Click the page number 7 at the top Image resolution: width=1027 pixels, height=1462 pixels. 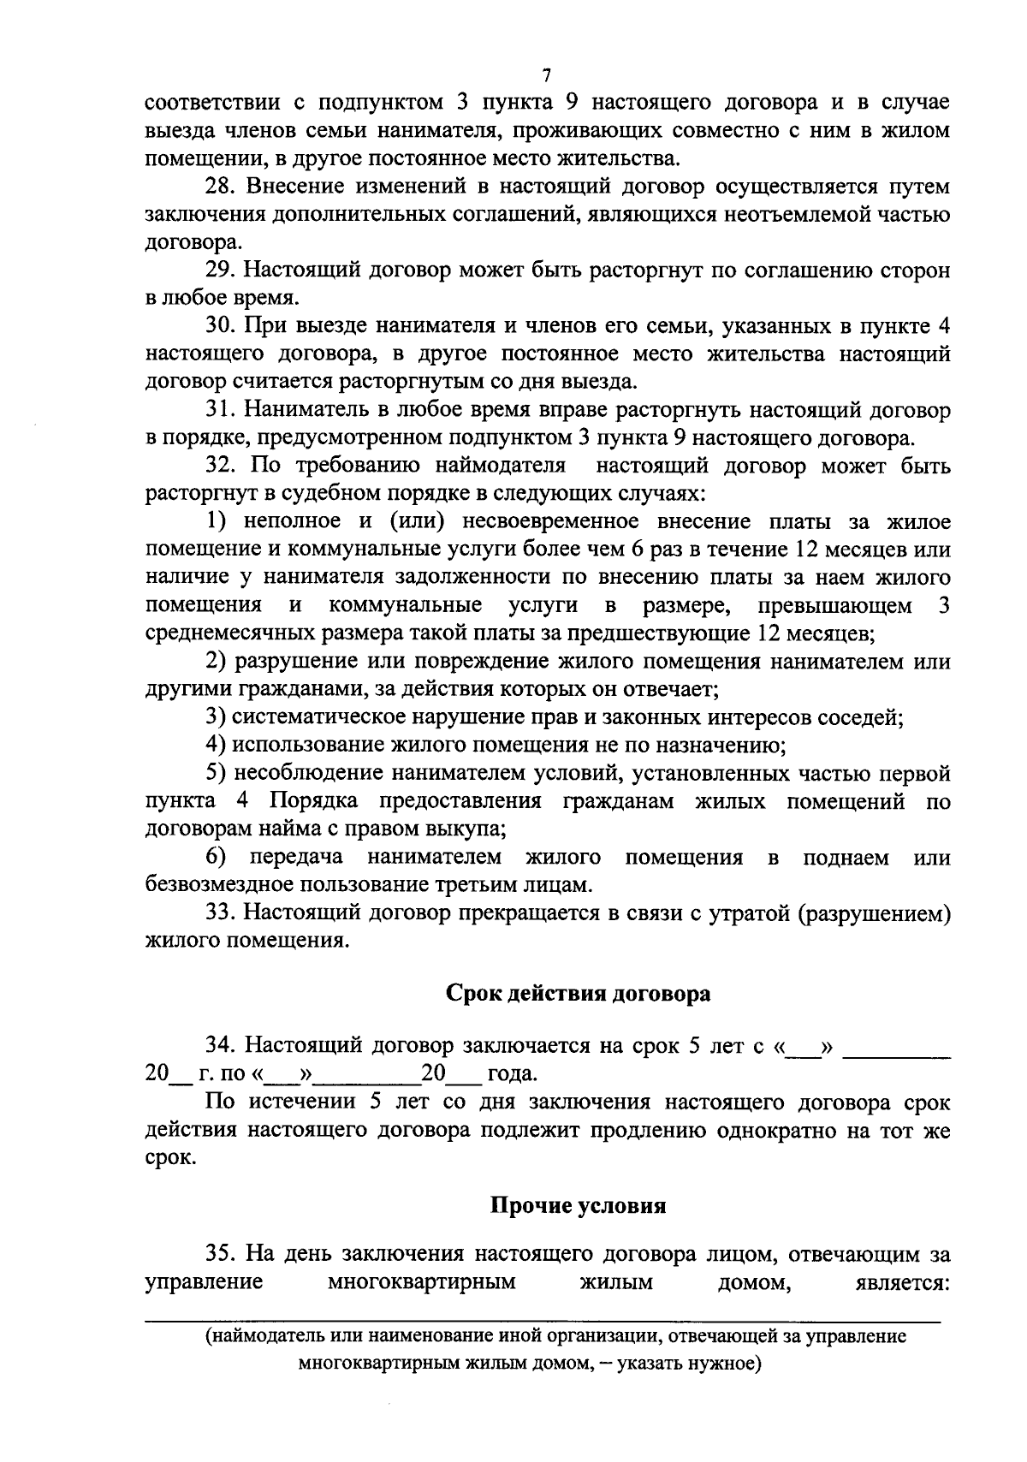[x=548, y=76]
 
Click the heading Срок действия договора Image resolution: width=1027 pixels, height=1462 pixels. [x=579, y=994]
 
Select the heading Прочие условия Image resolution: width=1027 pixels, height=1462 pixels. [x=579, y=1205]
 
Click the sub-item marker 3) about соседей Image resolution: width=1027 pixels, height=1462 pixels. [x=217, y=717]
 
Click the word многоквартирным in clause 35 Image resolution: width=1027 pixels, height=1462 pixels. [x=422, y=1282]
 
